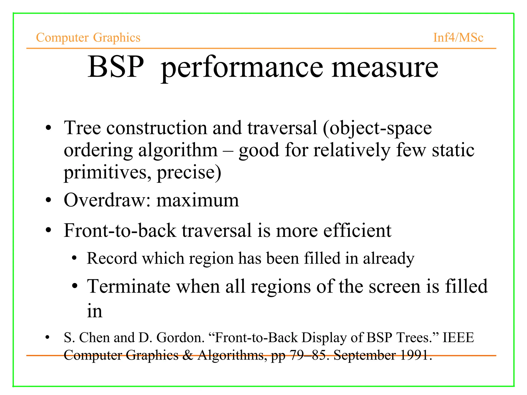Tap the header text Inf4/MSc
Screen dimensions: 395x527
coord(458,38)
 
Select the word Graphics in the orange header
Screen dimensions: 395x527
coord(117,38)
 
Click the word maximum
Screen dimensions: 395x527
coord(198,201)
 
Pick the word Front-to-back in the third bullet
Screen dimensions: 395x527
coord(120,230)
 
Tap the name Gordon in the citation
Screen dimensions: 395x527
coord(180,337)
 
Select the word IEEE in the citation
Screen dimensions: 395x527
coord(458,337)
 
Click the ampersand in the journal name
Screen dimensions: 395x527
coord(188,355)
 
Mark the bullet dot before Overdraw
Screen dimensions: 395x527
coord(48,200)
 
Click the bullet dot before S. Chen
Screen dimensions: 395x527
coord(47,337)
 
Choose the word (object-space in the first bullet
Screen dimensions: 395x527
coord(377,128)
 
